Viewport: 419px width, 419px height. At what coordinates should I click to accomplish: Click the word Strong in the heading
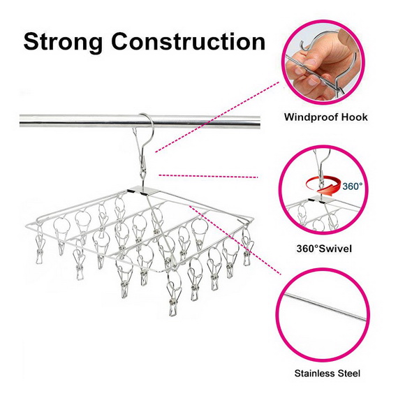tap(63, 43)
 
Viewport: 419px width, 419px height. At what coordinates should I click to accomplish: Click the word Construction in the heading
tap(189, 41)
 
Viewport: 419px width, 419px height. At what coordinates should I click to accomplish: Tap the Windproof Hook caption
tap(325, 117)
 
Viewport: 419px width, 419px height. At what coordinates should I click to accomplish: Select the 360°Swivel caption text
tap(324, 249)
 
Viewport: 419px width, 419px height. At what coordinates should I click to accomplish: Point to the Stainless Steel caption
tap(327, 373)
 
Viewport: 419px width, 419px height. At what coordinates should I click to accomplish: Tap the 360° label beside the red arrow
tap(353, 186)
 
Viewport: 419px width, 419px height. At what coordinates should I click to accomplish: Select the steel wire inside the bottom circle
tap(325, 307)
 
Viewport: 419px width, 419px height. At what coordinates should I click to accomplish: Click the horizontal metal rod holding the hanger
tap(140, 122)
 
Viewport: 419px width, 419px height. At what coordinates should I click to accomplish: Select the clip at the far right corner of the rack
tap(247, 247)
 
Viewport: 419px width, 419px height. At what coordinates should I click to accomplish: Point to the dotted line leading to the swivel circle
tap(208, 177)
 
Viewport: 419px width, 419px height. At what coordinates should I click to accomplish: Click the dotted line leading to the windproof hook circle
tap(217, 117)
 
